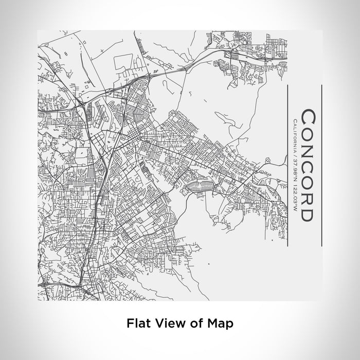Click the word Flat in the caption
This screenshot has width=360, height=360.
[136, 323]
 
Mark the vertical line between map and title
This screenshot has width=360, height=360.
[286, 165]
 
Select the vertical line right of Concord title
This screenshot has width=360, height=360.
[321, 165]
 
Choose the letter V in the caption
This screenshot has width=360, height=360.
[155, 323]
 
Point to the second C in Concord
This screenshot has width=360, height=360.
[307, 166]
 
